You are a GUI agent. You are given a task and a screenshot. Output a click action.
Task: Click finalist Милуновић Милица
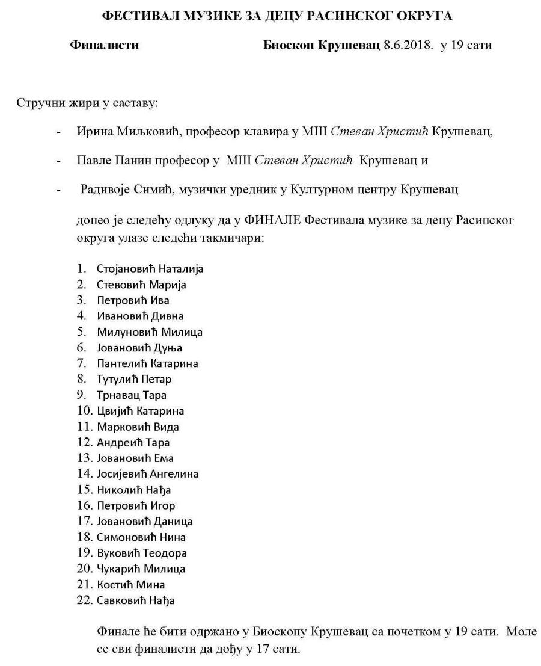(x=149, y=331)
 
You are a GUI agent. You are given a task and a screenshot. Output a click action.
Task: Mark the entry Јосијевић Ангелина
(x=147, y=473)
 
